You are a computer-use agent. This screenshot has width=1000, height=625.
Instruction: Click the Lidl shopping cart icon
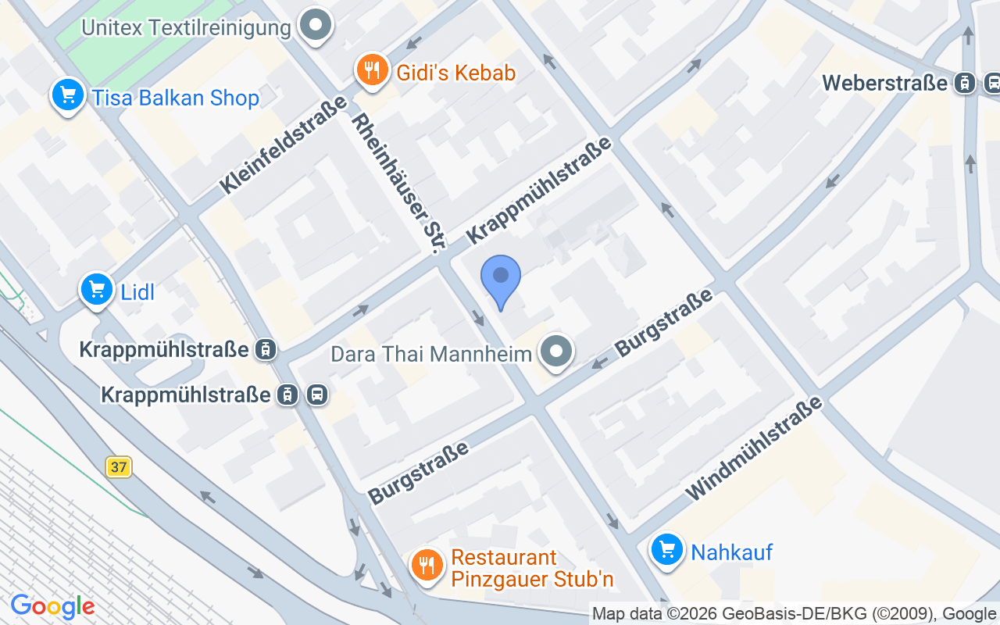point(97,290)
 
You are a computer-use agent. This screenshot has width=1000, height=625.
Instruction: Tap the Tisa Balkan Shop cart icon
point(68,95)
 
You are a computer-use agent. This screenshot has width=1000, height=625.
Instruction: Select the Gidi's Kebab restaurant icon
point(373,71)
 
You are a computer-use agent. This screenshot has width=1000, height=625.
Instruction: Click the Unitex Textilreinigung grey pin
point(316,25)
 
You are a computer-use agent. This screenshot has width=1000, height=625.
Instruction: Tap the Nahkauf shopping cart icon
point(667,550)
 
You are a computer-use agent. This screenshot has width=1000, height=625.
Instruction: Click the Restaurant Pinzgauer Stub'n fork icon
point(427,564)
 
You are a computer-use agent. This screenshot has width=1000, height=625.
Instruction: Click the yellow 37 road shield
point(119,467)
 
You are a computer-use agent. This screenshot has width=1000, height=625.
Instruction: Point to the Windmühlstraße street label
point(754,448)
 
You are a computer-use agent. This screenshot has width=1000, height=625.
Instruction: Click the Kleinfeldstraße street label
point(283,145)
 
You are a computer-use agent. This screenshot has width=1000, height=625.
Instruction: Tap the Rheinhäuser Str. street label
point(398,184)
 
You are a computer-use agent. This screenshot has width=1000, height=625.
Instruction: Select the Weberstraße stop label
point(884,83)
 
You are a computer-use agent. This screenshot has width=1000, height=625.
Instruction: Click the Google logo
point(52,606)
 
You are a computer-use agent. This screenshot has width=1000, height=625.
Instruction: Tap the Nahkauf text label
point(731,552)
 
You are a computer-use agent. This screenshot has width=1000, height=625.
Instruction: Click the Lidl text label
point(137,292)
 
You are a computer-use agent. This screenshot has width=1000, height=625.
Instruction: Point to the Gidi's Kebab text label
point(456,73)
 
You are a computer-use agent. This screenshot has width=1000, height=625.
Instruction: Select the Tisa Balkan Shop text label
point(175,98)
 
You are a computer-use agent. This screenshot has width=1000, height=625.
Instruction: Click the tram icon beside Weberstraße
point(966,83)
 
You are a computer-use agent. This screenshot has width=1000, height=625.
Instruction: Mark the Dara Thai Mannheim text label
point(431,353)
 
